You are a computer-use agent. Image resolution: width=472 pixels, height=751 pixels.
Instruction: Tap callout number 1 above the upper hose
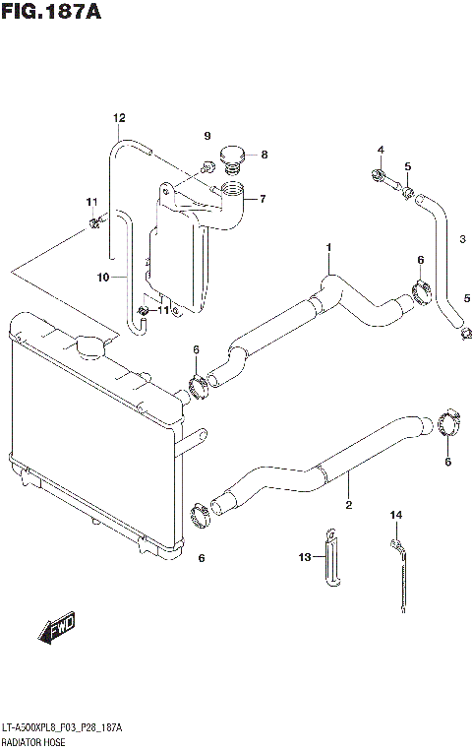click(329, 246)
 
